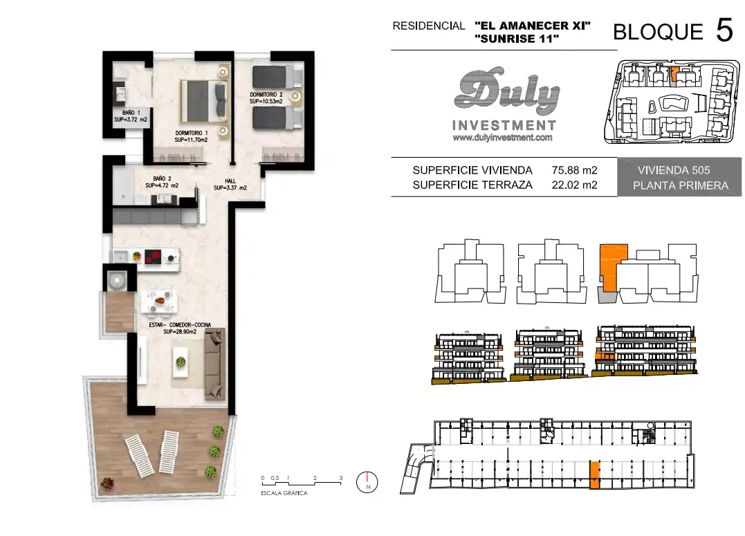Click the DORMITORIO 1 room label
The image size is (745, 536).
191,136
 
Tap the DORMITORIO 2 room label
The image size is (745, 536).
266,98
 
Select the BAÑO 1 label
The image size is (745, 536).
131,116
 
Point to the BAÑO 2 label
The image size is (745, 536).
162,182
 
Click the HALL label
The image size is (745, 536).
230,185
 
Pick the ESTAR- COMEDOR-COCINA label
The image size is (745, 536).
180,328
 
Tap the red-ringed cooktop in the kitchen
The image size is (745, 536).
153,257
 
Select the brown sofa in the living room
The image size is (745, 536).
214,364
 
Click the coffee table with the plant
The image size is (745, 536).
181,362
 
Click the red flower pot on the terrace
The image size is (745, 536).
107,483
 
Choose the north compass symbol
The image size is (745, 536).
367,482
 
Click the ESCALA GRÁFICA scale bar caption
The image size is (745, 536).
284,493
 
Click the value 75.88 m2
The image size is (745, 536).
574,170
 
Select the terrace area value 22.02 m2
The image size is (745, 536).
574,185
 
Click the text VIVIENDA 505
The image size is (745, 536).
674,170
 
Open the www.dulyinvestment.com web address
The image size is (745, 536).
503,138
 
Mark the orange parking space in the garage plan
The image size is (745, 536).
594,474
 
